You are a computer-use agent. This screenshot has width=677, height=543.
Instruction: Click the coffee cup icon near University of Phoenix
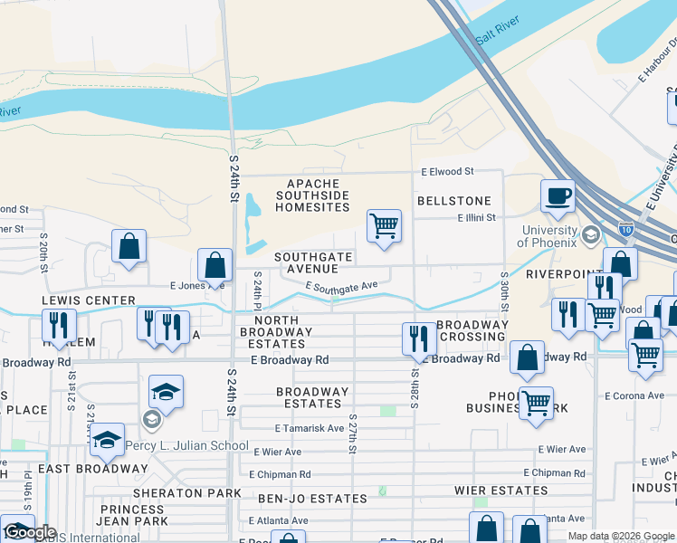[x=558, y=195]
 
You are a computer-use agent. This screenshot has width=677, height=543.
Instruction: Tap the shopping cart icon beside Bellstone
[x=384, y=225]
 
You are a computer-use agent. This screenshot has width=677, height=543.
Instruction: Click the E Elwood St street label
[x=447, y=171]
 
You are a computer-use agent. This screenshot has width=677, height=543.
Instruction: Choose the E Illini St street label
[x=476, y=217]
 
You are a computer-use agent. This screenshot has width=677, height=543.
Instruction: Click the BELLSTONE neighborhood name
[x=454, y=201]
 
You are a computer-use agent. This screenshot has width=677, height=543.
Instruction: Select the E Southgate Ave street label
[x=341, y=287]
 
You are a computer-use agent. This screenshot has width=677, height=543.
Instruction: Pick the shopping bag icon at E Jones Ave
[x=215, y=265]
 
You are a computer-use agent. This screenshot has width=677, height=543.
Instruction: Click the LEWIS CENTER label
[x=88, y=300]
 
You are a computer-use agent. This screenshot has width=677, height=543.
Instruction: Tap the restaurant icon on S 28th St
[x=417, y=338]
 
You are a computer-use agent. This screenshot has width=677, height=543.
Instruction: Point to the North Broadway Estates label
[x=283, y=332]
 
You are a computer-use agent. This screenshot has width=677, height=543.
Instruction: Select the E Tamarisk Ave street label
[x=310, y=428]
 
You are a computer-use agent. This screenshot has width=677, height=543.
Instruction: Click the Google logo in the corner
[x=29, y=532]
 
